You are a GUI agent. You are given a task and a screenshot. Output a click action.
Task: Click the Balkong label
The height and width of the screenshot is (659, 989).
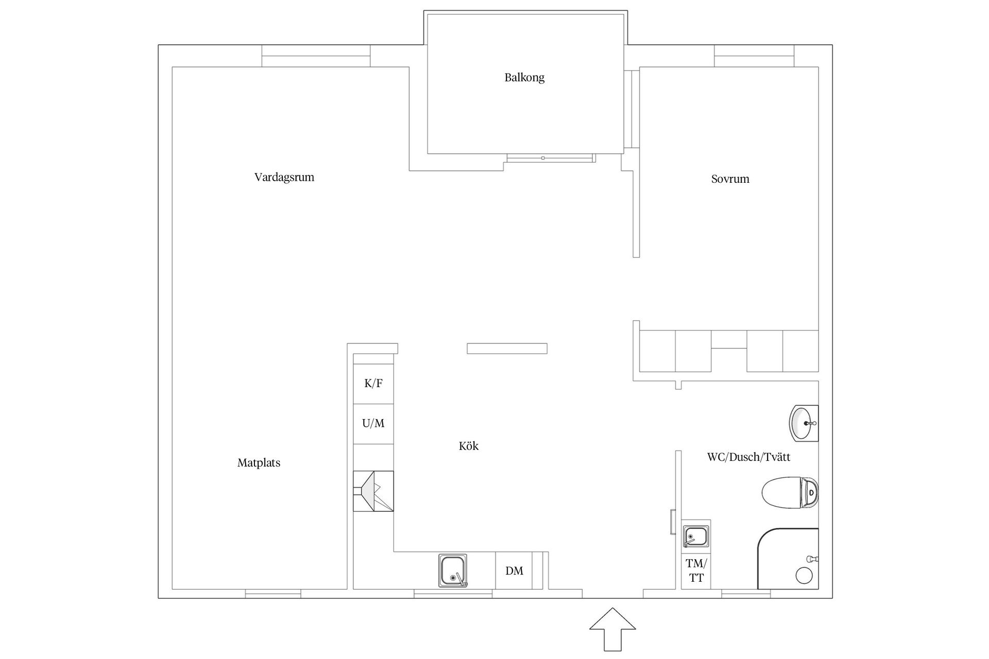[x=524, y=78]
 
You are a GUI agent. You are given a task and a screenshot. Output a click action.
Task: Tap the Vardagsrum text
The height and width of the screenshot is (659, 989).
[x=284, y=177]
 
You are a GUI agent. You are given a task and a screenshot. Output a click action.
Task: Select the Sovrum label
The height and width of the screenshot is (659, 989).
[x=730, y=179]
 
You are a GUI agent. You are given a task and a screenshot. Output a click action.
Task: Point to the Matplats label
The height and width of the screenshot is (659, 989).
[x=259, y=463]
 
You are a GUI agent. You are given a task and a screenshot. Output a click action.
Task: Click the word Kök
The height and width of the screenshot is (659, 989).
[x=469, y=446]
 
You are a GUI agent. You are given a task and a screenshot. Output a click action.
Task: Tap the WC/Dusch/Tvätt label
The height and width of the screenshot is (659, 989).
[x=748, y=457]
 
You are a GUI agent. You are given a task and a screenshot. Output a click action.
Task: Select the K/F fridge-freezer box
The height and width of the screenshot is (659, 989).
[x=373, y=384]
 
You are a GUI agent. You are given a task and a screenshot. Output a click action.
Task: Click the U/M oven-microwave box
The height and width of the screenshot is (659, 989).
[x=373, y=424]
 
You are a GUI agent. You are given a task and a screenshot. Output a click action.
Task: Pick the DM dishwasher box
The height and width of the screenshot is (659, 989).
[x=514, y=570]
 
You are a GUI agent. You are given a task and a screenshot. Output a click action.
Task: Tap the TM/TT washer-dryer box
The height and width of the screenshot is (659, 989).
[x=696, y=571]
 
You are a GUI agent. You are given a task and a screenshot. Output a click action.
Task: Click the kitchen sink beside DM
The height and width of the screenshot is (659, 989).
[x=453, y=570]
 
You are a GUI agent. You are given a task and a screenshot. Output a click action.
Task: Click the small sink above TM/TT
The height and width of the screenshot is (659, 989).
[x=696, y=536]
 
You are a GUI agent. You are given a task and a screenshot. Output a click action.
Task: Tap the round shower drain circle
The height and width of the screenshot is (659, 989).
[x=804, y=576]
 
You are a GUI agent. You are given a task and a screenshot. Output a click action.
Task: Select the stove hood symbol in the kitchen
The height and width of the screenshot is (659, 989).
[x=373, y=491]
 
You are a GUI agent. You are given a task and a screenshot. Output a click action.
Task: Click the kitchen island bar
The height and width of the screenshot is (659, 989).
[x=507, y=349]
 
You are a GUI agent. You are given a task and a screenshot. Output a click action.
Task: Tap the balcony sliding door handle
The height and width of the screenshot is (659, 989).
[x=543, y=158]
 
